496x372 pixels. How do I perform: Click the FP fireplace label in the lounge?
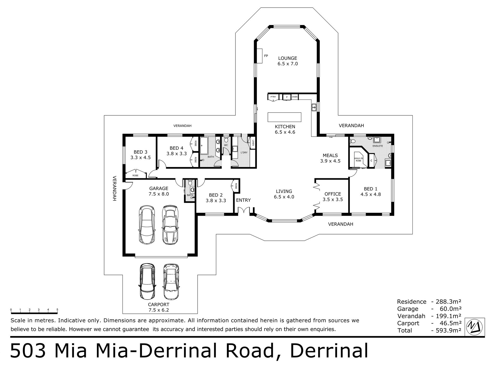point(266,56)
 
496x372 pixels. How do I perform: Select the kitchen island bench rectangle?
point(284,117)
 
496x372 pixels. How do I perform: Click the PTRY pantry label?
point(273,97)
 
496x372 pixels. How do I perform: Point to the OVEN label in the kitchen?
point(294,97)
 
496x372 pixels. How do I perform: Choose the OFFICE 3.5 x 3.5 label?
point(333,197)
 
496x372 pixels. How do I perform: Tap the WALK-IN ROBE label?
point(358,160)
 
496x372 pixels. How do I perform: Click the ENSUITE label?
point(377,146)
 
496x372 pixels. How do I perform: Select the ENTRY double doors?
point(244,211)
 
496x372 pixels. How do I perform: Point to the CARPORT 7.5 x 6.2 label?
point(158,307)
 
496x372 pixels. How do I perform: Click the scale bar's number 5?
point(57,310)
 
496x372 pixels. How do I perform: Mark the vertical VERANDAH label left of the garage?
point(114,188)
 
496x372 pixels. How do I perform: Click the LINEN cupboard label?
point(253,143)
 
